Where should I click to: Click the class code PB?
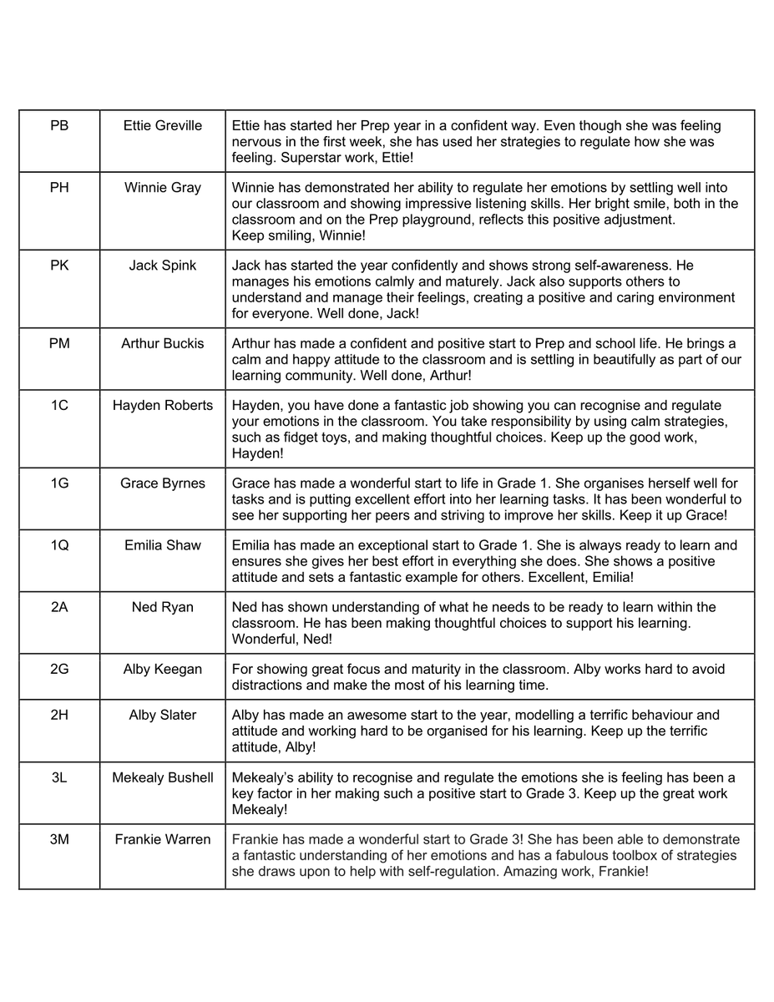[x=59, y=126]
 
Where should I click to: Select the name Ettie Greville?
[x=162, y=126]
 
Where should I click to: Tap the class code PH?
[x=59, y=188]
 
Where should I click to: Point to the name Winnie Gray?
[x=162, y=188]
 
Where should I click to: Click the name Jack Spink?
[x=162, y=266]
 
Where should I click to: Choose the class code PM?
[x=59, y=343]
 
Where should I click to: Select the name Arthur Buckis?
[x=162, y=343]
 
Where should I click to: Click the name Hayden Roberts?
[x=162, y=405]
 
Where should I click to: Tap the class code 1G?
[x=59, y=483]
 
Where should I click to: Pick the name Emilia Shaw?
[x=162, y=545]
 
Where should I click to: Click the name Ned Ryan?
[x=162, y=607]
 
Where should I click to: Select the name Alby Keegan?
[x=162, y=669]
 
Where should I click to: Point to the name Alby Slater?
[x=162, y=715]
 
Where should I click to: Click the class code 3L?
[x=59, y=777]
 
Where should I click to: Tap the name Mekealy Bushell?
[x=162, y=777]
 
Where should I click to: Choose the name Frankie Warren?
[x=162, y=839]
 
